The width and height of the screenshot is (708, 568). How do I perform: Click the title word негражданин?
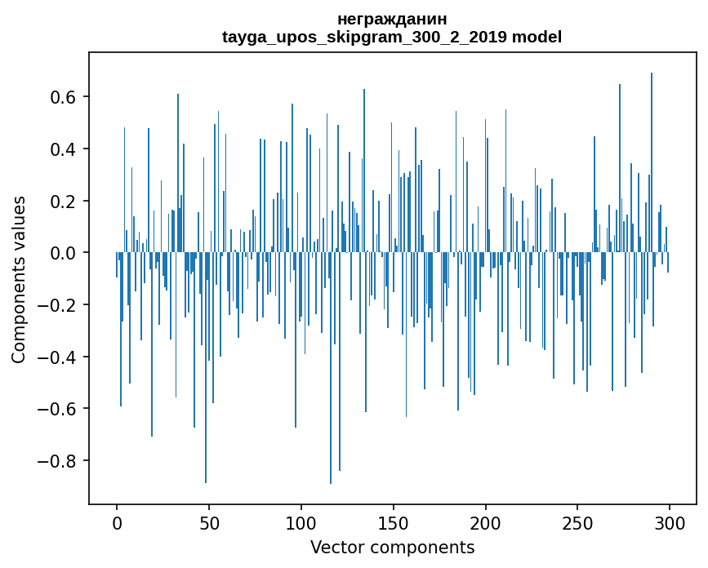click(x=392, y=19)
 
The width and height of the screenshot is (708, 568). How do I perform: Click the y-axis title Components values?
click(x=19, y=279)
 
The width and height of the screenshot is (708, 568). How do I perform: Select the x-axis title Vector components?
click(x=392, y=547)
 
